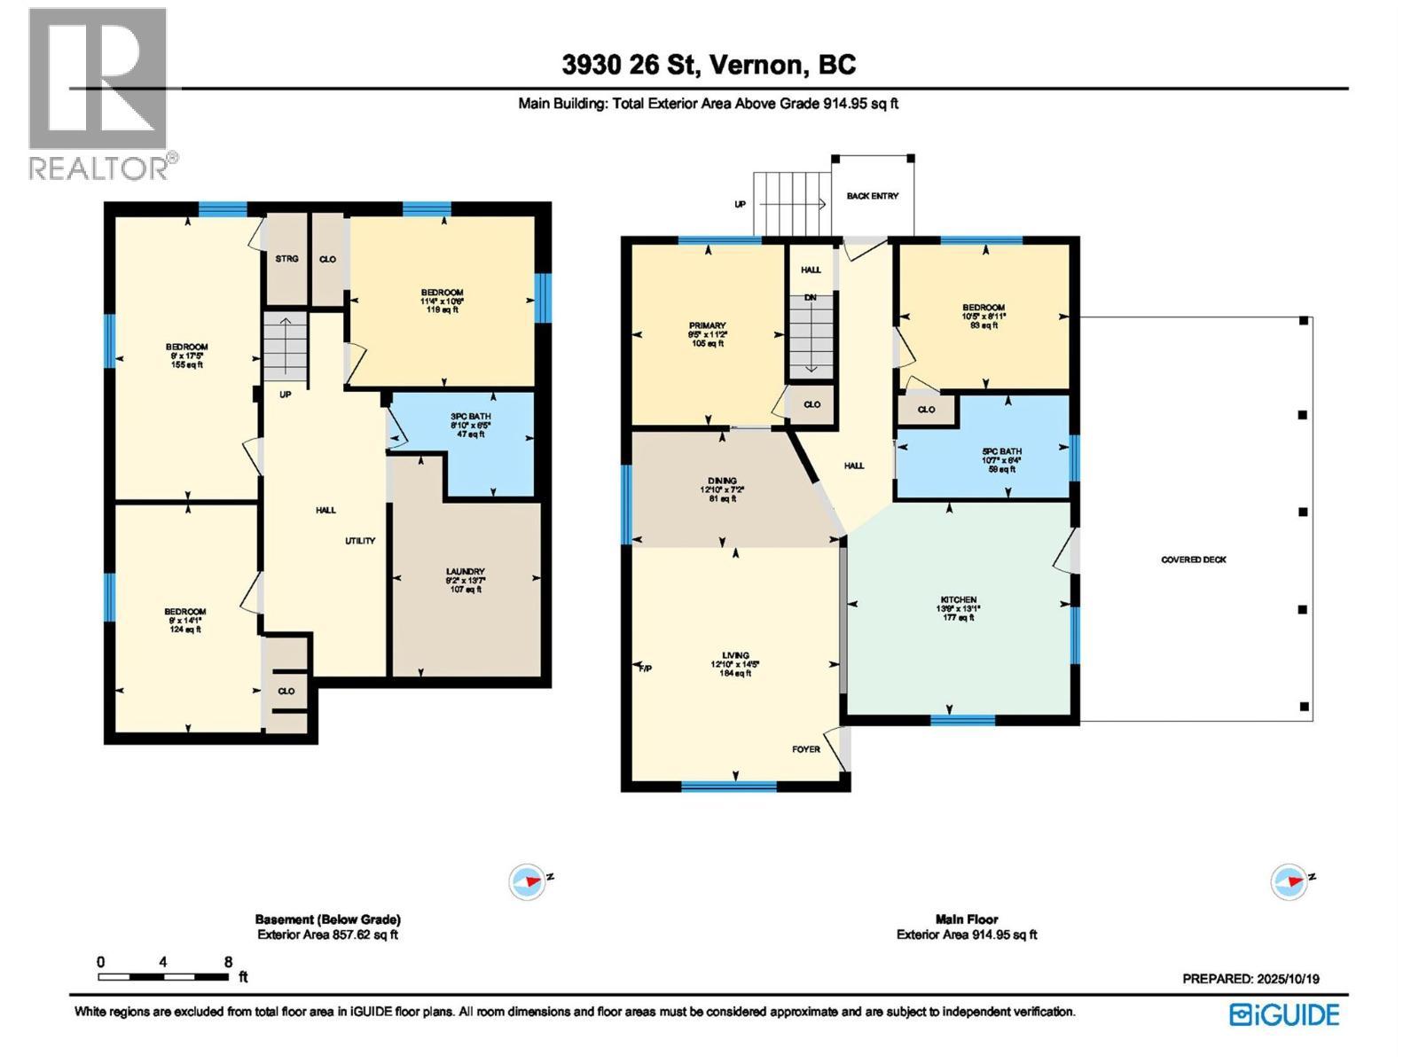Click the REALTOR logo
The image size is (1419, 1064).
pos(99,93)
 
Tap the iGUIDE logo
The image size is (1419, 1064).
pos(1284,1014)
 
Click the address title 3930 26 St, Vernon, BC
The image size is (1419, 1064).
pos(709,65)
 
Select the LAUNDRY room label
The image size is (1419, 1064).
pos(465,572)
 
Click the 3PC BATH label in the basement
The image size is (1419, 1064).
pos(470,417)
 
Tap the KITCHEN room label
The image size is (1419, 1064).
pos(958,600)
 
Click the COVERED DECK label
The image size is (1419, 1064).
pos(1193,559)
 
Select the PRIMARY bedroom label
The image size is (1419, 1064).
pos(707,326)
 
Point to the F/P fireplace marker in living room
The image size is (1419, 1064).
pos(645,668)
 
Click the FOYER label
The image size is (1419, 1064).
pos(805,749)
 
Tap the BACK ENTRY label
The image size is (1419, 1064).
pos(872,196)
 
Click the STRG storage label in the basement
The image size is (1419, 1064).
pos(286,259)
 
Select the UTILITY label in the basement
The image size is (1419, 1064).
pos(360,541)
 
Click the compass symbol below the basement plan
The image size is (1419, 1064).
pos(527,882)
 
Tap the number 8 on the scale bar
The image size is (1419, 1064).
pos(228,961)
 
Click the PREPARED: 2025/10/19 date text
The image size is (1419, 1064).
pos(1250,979)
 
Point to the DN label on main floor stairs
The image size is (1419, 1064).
pos(810,298)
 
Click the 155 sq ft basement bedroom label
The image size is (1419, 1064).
pos(187,364)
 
